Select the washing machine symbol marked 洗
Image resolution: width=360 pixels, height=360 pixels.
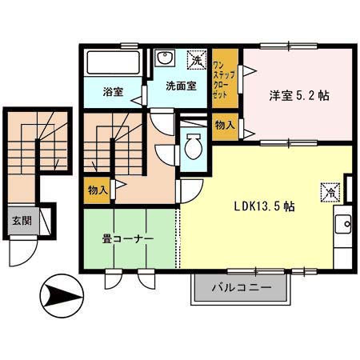click(x=195, y=59)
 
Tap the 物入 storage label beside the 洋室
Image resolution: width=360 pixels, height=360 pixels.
click(x=225, y=126)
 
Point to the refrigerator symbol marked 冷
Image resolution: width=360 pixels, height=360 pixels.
click(x=329, y=191)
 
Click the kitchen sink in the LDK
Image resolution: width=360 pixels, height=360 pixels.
click(x=344, y=223)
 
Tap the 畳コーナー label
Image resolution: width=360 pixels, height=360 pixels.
click(x=126, y=238)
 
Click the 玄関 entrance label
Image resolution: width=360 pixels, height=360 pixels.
click(x=22, y=220)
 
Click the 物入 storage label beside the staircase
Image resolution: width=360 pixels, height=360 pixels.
click(x=96, y=190)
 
